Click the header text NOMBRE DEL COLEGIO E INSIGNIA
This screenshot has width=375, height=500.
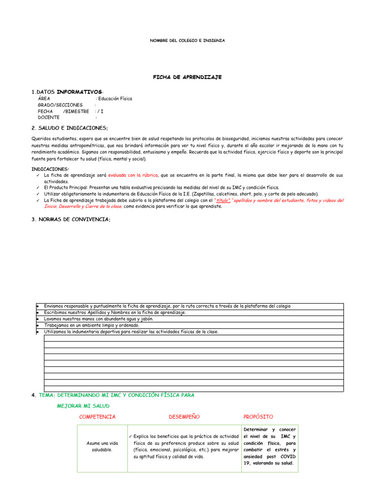(187, 41)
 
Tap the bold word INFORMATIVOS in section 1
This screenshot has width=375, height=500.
(80, 92)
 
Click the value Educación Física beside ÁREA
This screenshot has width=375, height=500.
(115, 99)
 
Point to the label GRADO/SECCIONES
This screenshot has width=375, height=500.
(60, 105)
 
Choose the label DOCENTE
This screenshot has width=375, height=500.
(49, 118)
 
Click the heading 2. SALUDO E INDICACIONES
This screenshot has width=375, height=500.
(69, 128)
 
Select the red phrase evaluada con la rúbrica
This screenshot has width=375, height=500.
(133, 175)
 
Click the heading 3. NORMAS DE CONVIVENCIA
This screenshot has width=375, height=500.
(71, 219)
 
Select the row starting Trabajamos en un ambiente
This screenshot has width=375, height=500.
(92, 325)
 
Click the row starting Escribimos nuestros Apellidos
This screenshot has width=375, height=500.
(115, 312)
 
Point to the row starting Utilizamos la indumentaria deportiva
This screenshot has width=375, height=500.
(131, 332)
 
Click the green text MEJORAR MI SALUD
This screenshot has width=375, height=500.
(83, 406)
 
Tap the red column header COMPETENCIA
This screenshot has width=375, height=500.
(97, 417)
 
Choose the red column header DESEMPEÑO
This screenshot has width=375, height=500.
(184, 417)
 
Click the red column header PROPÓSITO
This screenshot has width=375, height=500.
(258, 417)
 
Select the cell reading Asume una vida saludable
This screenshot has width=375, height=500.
(102, 446)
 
